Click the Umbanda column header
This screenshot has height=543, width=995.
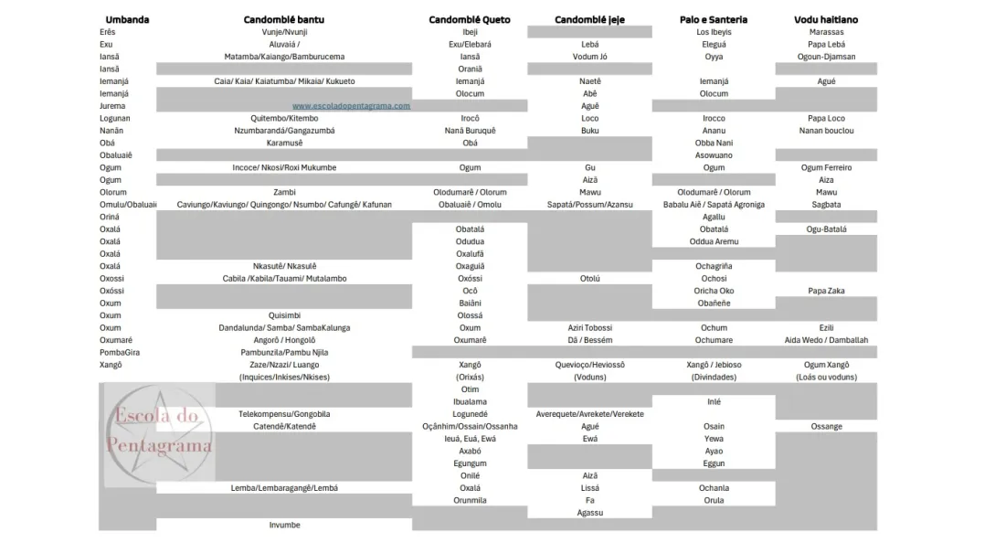click(127, 19)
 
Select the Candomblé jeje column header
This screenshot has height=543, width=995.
click(589, 19)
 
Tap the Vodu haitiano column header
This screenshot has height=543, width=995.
click(826, 19)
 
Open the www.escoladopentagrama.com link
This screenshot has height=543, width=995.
click(351, 106)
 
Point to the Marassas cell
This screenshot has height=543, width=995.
click(826, 32)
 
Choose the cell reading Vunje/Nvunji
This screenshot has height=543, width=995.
click(284, 32)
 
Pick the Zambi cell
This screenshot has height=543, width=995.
click(284, 193)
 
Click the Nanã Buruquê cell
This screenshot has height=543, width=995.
click(470, 131)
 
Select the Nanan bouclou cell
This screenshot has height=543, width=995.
click(826, 131)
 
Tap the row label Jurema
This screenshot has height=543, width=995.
click(112, 106)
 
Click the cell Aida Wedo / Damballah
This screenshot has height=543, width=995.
click(826, 340)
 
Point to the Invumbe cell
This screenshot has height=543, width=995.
click(284, 526)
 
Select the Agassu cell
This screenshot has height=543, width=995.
click(589, 513)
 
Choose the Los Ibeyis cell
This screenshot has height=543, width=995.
click(714, 32)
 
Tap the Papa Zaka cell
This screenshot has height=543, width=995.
click(826, 291)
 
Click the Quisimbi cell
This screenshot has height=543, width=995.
click(284, 315)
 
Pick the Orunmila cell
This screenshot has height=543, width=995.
click(470, 501)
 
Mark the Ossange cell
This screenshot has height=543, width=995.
click(826, 427)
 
